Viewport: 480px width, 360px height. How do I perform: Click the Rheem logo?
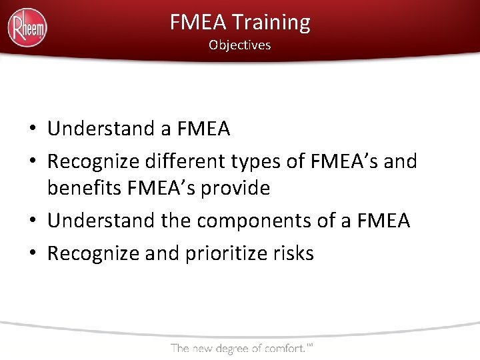[27, 28]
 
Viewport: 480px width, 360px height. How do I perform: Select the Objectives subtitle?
[239, 45]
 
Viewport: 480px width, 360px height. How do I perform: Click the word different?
[195, 161]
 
